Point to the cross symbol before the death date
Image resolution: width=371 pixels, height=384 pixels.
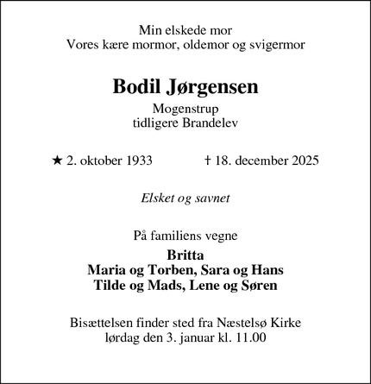click(209, 160)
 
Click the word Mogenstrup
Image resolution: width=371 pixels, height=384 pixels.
click(185, 110)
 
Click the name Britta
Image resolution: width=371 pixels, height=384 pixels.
click(185, 255)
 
